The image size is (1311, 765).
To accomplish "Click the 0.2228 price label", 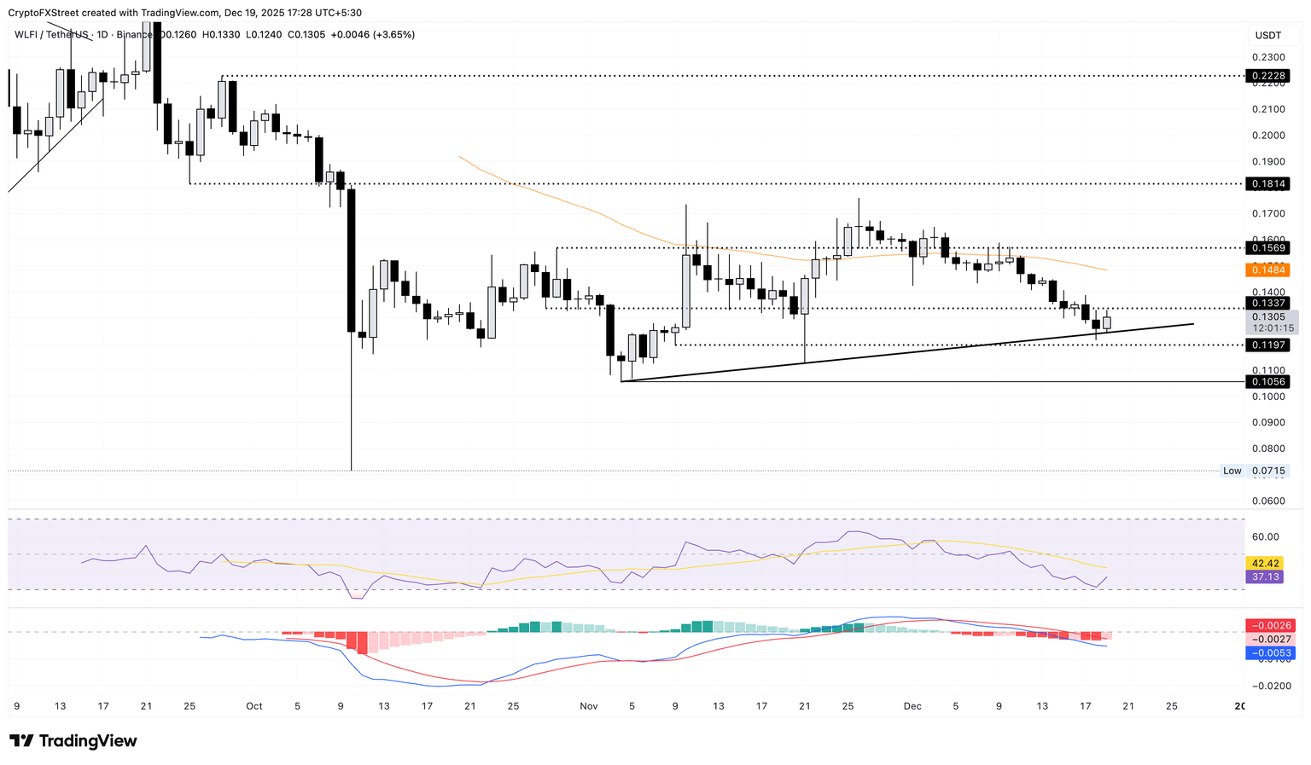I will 1267,76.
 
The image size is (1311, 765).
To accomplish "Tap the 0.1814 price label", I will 1267,183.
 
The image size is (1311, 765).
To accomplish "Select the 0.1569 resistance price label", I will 1267,248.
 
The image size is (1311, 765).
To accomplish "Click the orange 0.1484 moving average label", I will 1267,269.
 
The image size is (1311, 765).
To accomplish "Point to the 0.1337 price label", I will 1267,303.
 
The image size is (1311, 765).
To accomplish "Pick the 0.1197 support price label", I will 1267,345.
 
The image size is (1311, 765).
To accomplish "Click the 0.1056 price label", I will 1267,381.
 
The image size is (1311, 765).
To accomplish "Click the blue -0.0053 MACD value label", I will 1272,653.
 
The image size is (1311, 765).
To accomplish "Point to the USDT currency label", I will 1268,35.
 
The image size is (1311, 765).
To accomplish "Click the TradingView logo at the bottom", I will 73,741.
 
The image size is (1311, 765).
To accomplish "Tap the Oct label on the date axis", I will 253,706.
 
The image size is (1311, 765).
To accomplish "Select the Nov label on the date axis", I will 588,706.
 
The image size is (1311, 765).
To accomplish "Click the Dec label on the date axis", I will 912,706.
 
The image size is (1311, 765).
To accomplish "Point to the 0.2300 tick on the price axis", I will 1267,57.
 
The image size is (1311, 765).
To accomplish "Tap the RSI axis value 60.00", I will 1266,536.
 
